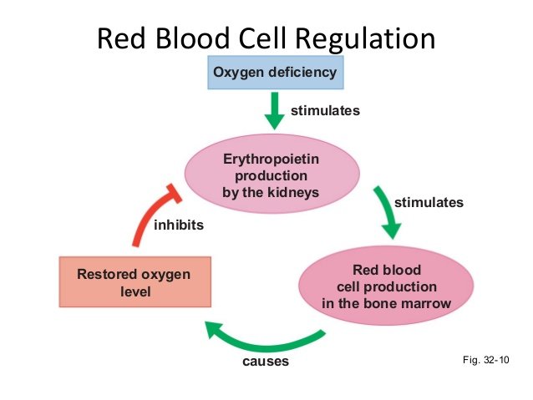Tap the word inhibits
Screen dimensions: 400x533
(x=179, y=225)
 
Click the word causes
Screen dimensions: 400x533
(x=265, y=362)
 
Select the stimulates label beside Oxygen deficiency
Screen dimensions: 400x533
(x=325, y=109)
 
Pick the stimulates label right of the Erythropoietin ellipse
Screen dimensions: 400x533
(x=429, y=201)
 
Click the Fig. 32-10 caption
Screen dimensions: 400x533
(x=485, y=360)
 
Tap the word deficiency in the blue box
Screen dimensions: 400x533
(x=302, y=72)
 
